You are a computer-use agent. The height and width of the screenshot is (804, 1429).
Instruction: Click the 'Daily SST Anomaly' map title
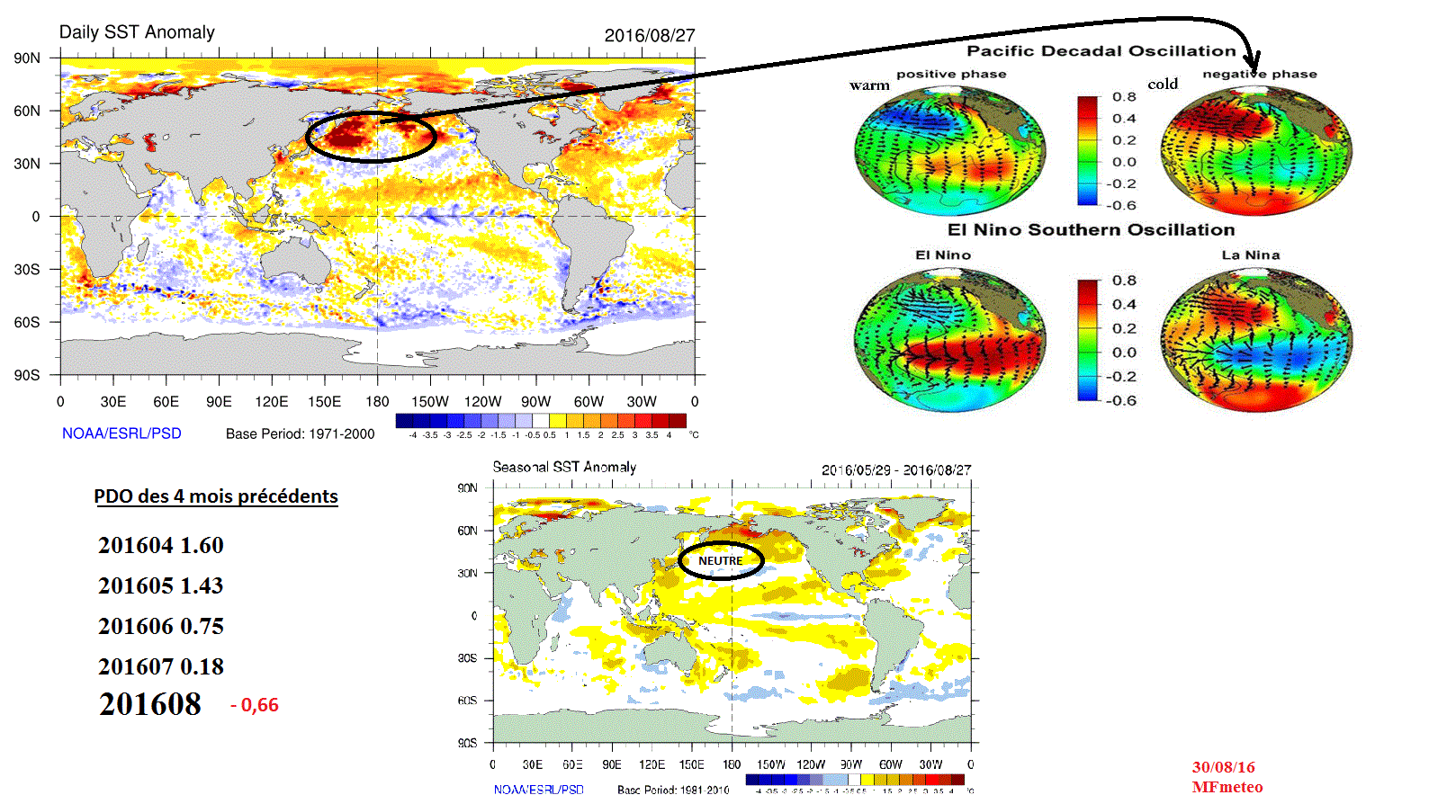[137, 32]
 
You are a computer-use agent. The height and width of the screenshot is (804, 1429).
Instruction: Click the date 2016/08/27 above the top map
[649, 36]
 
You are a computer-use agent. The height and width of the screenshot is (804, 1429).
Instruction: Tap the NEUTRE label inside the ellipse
[721, 560]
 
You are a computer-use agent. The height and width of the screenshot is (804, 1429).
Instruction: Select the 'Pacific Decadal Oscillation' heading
[1101, 51]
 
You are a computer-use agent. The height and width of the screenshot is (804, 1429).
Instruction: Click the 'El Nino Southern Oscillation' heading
[1091, 230]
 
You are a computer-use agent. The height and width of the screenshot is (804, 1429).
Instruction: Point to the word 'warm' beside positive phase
[869, 85]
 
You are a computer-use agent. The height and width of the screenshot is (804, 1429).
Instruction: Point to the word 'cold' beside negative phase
[1163, 84]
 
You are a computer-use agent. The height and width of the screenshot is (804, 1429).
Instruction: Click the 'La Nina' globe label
[1250, 255]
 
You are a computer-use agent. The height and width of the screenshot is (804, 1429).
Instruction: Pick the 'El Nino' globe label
[943, 255]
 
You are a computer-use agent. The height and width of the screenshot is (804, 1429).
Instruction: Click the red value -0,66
[255, 705]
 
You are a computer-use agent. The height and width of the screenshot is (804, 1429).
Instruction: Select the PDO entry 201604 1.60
[161, 545]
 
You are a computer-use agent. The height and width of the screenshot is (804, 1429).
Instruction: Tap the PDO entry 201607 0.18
[161, 666]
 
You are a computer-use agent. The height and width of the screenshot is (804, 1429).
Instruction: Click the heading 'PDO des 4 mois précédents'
[216, 496]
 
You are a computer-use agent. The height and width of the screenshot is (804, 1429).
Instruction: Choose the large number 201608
[150, 704]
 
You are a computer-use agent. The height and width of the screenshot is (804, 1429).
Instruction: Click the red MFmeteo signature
[1227, 787]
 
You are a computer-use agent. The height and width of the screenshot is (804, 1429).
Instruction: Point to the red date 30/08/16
[1223, 767]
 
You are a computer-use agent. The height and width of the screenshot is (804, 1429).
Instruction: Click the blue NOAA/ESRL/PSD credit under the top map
[121, 433]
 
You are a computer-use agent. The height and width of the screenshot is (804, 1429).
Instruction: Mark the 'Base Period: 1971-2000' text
[300, 433]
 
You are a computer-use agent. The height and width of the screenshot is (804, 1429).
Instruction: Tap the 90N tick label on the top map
[27, 58]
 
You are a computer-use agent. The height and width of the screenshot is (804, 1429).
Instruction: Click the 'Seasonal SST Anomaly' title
[564, 467]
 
